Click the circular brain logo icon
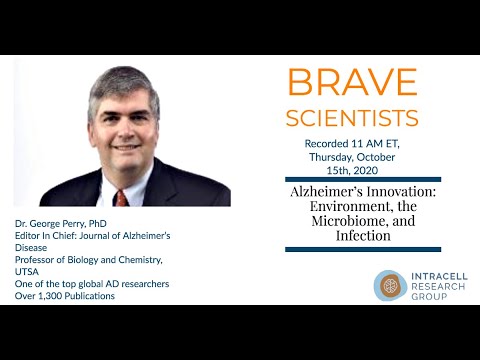390,284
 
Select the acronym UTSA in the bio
28,272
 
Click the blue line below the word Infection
363,248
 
